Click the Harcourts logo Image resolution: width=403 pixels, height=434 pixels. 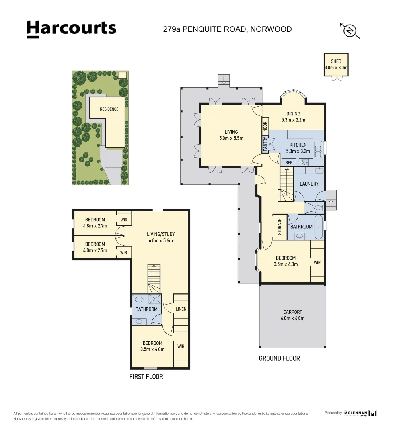(x=71, y=29)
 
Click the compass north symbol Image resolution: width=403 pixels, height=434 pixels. (x=350, y=31)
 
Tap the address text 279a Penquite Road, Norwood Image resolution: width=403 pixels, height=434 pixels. (x=227, y=29)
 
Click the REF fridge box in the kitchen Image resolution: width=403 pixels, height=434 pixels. (x=288, y=162)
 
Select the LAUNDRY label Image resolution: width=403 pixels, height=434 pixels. (x=309, y=184)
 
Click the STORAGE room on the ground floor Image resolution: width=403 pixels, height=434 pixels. (x=280, y=227)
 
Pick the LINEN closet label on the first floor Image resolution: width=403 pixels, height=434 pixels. (x=181, y=309)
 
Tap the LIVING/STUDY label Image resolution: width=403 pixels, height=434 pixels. (x=160, y=237)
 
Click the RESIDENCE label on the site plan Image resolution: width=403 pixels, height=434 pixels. (x=109, y=109)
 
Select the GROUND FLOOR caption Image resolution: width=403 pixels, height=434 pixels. (x=279, y=358)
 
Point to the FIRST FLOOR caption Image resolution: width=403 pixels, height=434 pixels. (x=146, y=377)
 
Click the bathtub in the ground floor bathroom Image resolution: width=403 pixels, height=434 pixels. (x=318, y=227)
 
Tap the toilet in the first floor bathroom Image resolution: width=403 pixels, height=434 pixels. (x=139, y=299)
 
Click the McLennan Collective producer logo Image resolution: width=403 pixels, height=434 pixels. (x=360, y=413)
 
